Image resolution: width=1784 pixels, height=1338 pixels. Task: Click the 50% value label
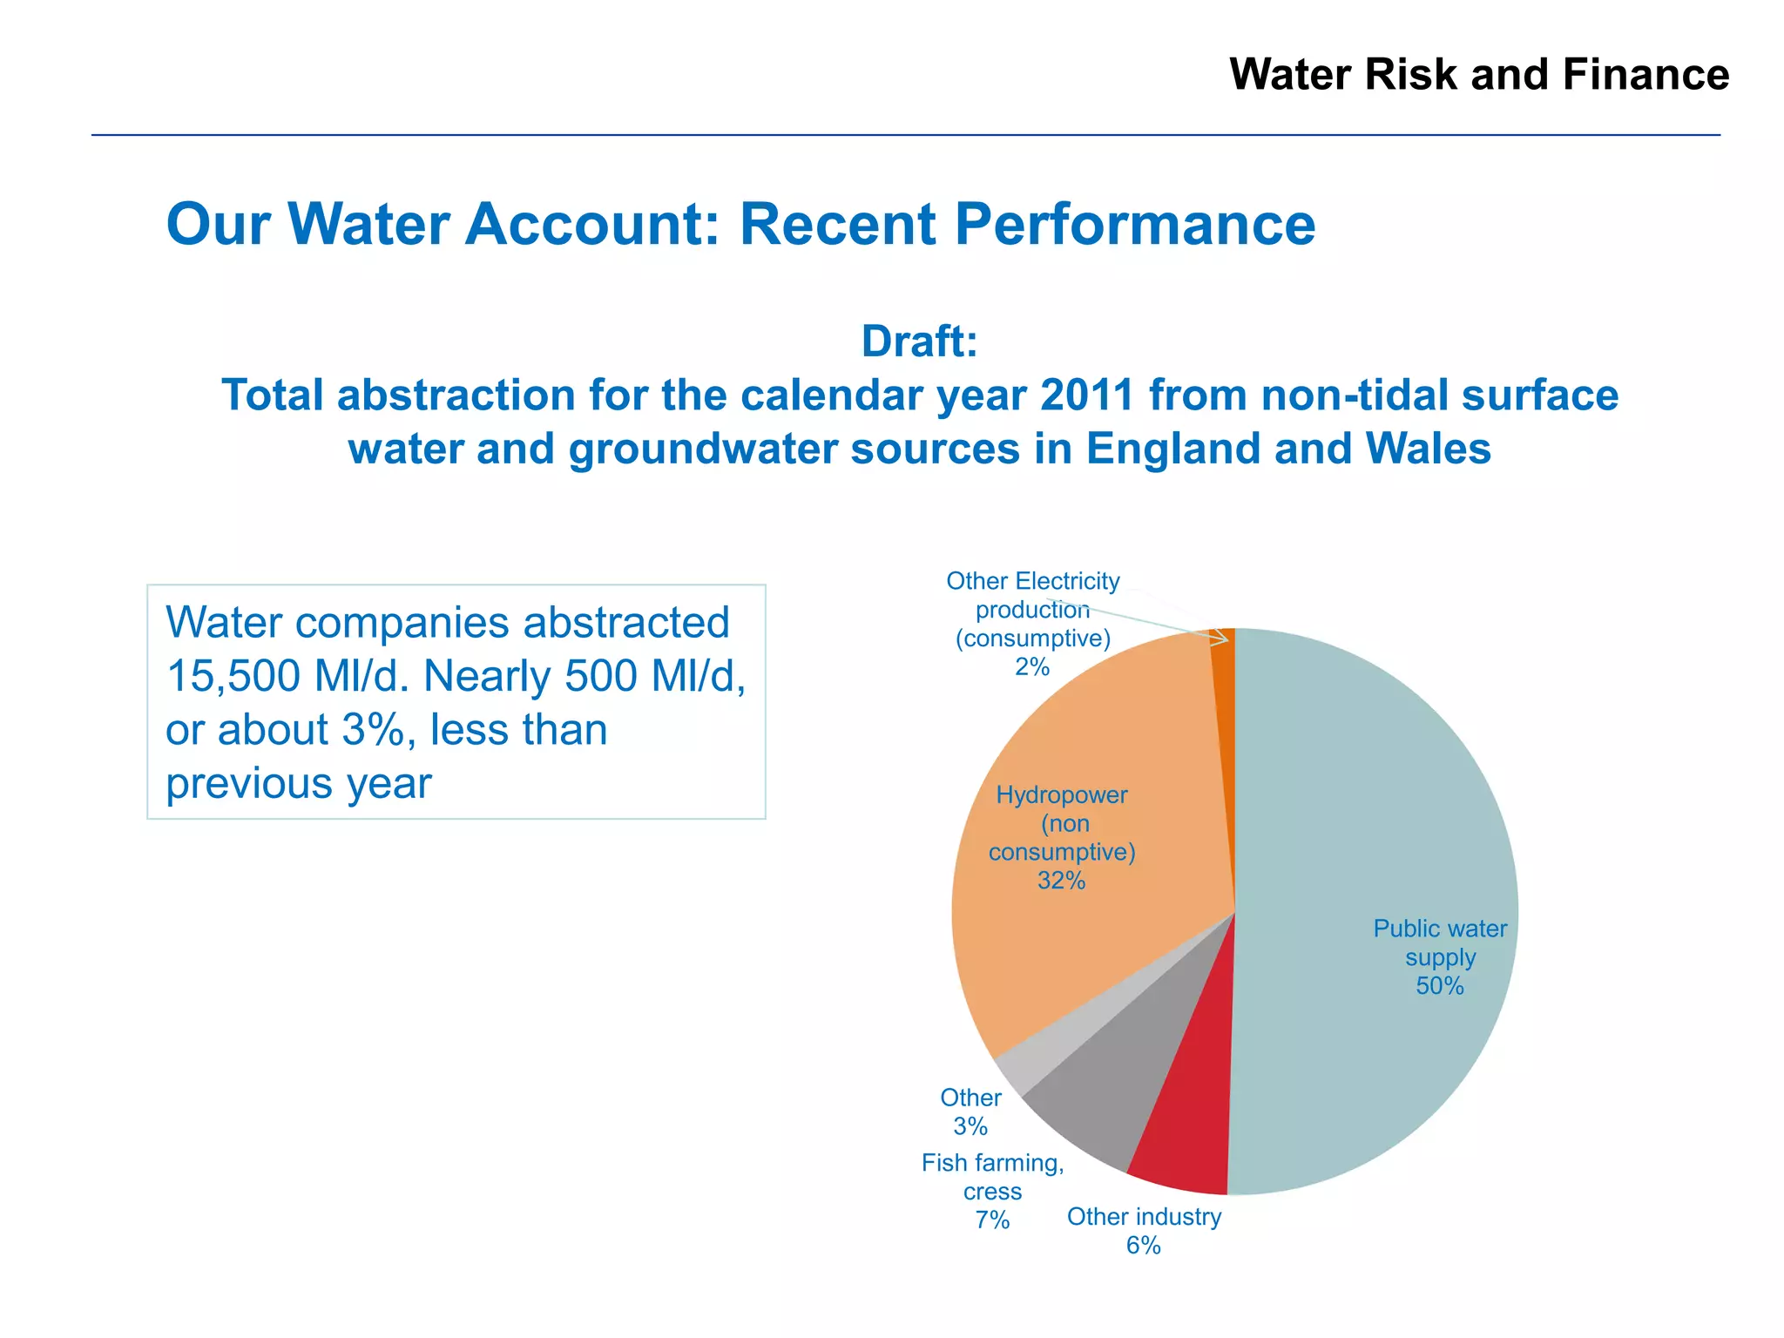[x=1440, y=986]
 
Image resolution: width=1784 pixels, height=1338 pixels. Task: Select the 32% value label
[x=1061, y=881]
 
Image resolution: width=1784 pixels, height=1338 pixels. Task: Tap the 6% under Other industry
[x=1143, y=1246]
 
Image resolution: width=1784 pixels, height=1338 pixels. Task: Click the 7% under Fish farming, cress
[x=992, y=1220]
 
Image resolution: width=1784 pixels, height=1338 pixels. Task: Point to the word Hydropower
[x=1061, y=795]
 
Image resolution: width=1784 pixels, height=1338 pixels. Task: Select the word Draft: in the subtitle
[x=919, y=341]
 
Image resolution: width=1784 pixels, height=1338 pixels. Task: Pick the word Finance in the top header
[x=1645, y=75]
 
